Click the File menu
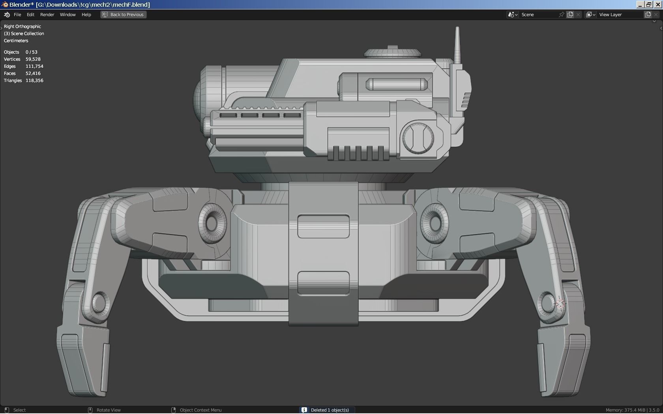pyautogui.click(x=17, y=15)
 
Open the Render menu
pyautogui.click(x=47, y=15)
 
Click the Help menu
pyautogui.click(x=86, y=15)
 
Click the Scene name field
pyautogui.click(x=539, y=15)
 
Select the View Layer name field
pyautogui.click(x=620, y=15)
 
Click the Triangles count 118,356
pyautogui.click(x=34, y=80)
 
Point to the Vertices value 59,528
pyautogui.click(x=33, y=59)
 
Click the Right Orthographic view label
pyautogui.click(x=22, y=26)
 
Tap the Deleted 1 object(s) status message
pyautogui.click(x=330, y=410)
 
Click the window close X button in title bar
pyautogui.click(x=658, y=4)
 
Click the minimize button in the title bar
pyautogui.click(x=640, y=4)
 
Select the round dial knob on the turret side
pyautogui.click(x=418, y=138)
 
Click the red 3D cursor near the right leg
pyautogui.click(x=560, y=304)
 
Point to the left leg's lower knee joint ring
pyautogui.click(x=99, y=303)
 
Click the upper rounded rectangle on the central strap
pyautogui.click(x=324, y=226)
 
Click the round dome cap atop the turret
pyautogui.click(x=392, y=52)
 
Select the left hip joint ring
pyautogui.click(x=212, y=223)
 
